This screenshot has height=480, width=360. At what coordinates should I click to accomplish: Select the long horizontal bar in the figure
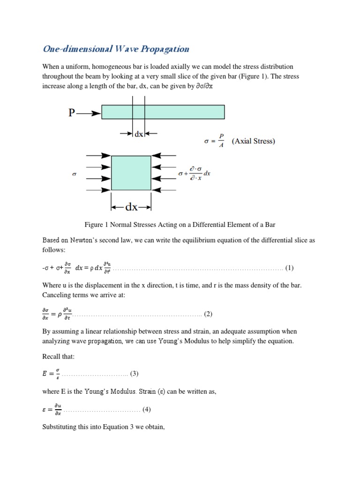pyautogui.click(x=163, y=112)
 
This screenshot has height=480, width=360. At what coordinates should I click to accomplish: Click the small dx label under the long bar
pyautogui.click(x=139, y=134)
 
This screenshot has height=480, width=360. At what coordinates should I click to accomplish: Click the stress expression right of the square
pyautogui.click(x=194, y=173)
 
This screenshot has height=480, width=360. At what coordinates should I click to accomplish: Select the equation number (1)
pyautogui.click(x=289, y=268)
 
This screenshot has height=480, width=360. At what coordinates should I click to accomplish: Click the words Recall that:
pyautogui.click(x=58, y=357)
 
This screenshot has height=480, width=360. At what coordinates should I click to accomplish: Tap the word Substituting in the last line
pyautogui.click(x=60, y=427)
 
